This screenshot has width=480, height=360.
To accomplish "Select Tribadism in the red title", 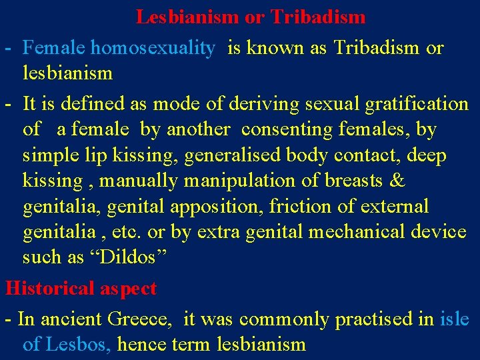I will [x=318, y=17].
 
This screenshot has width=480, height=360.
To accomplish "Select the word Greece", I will [x=142, y=319].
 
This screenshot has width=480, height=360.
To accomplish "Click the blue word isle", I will [x=455, y=319].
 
